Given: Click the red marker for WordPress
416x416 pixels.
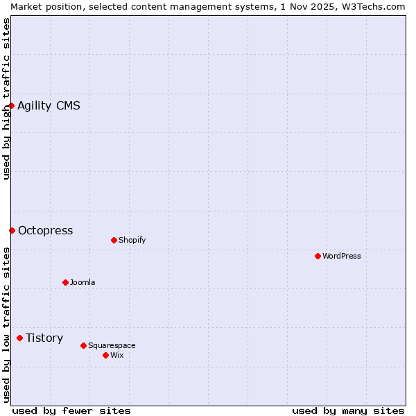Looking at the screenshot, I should point(318,256).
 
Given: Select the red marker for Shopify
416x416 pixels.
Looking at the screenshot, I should point(114,240).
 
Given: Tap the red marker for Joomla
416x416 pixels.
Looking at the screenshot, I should point(65,282).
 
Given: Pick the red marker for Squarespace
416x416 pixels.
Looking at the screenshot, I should point(83,345).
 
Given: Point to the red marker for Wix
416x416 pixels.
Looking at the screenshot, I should point(105,355).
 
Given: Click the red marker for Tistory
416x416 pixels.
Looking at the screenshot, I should point(19,338).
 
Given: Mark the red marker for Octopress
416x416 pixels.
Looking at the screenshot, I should point(12,230).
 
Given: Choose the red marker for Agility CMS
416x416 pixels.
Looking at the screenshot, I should point(12,105).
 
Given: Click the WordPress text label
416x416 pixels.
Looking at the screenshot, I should point(342,256).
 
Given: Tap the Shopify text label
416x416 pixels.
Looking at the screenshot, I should point(132,240).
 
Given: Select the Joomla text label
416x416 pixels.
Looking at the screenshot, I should point(83,282).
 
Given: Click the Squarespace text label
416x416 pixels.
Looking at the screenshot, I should point(112,345).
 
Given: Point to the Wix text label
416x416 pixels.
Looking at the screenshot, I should point(117,355).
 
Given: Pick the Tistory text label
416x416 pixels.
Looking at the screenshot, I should point(44,338).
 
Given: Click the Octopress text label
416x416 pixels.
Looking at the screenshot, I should point(45,230).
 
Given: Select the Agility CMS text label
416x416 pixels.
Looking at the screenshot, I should point(49,105).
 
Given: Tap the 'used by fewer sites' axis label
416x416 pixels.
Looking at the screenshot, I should point(71,410).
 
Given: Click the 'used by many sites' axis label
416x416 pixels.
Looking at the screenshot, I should point(348,410).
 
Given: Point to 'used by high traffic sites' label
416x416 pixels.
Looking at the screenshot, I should point(6,98).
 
